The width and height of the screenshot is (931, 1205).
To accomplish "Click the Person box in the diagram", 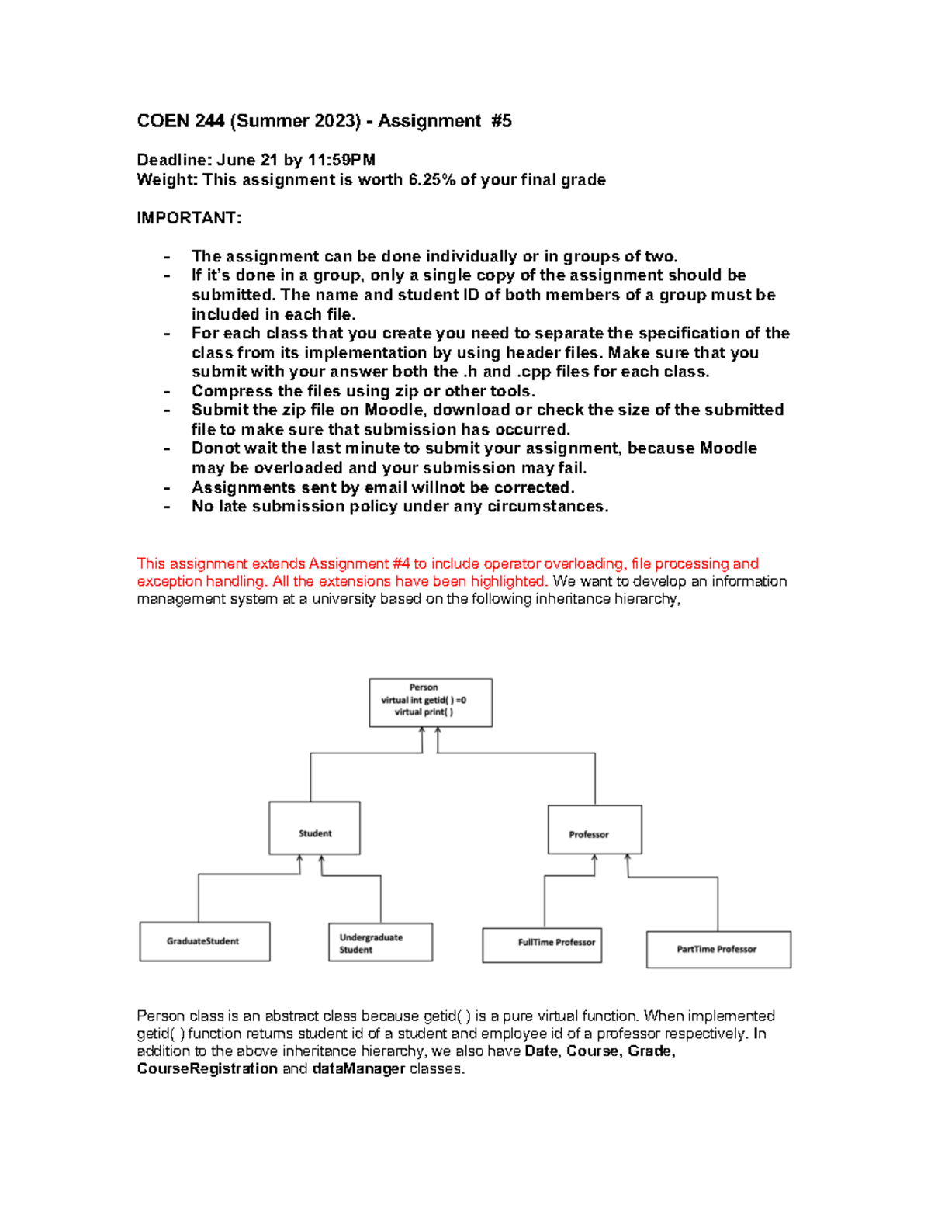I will pyautogui.click(x=430, y=702).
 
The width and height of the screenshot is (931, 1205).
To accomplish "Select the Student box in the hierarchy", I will pyautogui.click(x=314, y=828).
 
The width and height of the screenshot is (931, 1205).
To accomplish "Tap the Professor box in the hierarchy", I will pyautogui.click(x=594, y=829).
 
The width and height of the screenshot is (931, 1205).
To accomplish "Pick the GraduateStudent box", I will pyautogui.click(x=205, y=941).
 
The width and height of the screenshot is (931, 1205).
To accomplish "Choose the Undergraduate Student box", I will pyautogui.click(x=380, y=942).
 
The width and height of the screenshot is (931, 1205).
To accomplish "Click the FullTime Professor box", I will pyautogui.click(x=542, y=944).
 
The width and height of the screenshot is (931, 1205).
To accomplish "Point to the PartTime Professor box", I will pyautogui.click(x=718, y=949).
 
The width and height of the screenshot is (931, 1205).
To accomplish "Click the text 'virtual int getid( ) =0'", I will pyautogui.click(x=424, y=700).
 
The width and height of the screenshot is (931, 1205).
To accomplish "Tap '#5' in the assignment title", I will pyautogui.click(x=501, y=121).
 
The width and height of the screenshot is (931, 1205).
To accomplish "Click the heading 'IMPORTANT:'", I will pyautogui.click(x=189, y=218).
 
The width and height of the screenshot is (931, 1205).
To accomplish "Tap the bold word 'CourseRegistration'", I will pyautogui.click(x=207, y=1068).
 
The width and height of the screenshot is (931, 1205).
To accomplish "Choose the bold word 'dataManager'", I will pyautogui.click(x=358, y=1068).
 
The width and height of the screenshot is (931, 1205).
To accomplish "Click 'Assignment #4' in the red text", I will pyautogui.click(x=359, y=563).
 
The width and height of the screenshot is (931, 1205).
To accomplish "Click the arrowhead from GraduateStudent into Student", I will pyautogui.click(x=300, y=859).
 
